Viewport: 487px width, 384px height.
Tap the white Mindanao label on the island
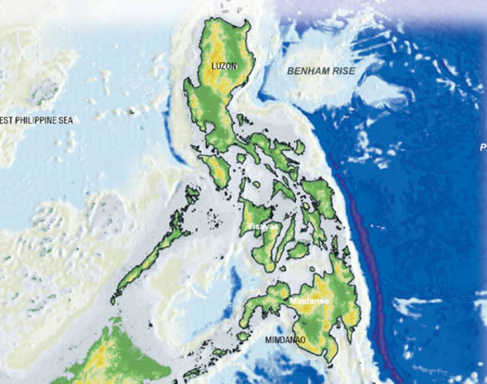click(x=308, y=301)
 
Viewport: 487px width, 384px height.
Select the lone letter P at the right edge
click(x=482, y=148)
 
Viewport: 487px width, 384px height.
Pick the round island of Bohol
click(x=298, y=250)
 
